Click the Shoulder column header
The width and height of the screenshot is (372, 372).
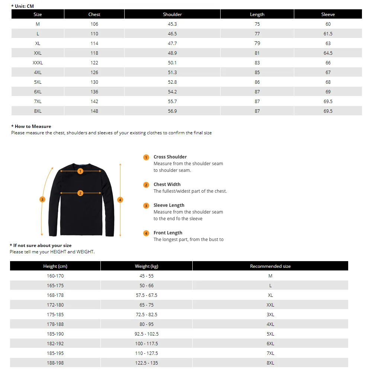[172, 15]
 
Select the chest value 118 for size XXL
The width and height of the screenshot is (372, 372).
[94, 53]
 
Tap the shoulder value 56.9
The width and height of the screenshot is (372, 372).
[172, 111]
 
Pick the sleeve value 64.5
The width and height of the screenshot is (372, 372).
[328, 53]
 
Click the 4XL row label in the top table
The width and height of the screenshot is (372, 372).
[38, 73]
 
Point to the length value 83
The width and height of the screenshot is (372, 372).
[257, 63]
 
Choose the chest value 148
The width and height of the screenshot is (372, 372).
[94, 111]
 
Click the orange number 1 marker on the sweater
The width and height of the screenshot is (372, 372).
[80, 171]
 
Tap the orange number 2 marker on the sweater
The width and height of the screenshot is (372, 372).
[80, 193]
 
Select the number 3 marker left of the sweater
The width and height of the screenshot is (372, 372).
[42, 200]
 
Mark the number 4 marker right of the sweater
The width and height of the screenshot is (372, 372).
[120, 200]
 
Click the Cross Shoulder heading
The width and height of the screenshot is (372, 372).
[170, 157]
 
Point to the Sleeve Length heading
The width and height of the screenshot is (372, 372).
[169, 205]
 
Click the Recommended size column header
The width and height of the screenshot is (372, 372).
[270, 266]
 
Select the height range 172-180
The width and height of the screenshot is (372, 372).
[55, 305]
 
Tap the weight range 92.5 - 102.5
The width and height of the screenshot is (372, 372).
[147, 334]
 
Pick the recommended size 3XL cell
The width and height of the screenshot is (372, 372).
[270, 315]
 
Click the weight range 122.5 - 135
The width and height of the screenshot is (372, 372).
[147, 363]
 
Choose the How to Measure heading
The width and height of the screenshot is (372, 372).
[33, 126]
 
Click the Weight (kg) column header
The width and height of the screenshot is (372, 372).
[147, 266]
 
